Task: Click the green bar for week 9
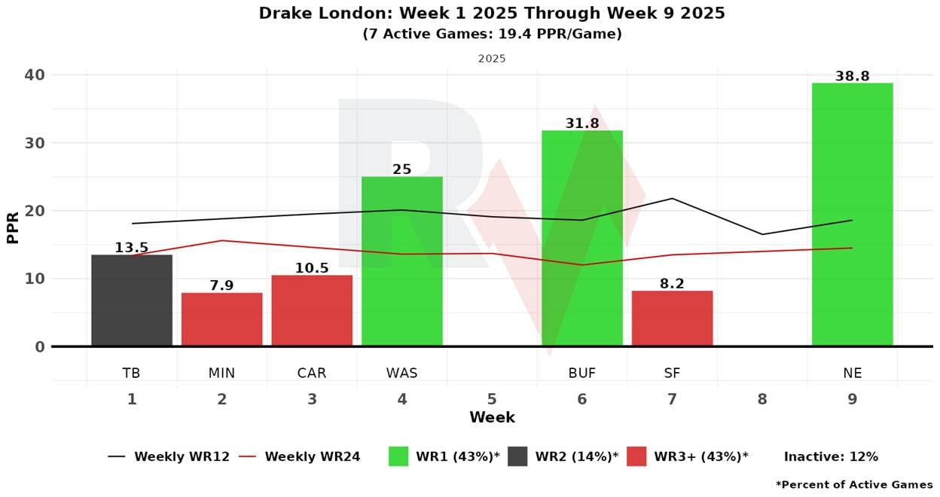(852, 215)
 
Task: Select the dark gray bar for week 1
(132, 300)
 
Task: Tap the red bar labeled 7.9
(221, 319)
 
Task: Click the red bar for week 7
(672, 319)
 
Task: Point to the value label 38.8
(852, 77)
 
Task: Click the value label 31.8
(582, 123)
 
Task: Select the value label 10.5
(312, 268)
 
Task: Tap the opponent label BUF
(582, 373)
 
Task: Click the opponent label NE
(852, 373)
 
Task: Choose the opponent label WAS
(402, 373)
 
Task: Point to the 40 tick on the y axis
(35, 75)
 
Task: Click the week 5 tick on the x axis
(492, 399)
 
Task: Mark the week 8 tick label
(762, 399)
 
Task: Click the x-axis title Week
(492, 417)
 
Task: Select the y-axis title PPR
(13, 227)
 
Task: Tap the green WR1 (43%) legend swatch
(398, 456)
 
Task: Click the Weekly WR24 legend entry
(300, 456)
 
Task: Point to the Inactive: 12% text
(831, 456)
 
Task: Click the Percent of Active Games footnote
(854, 484)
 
